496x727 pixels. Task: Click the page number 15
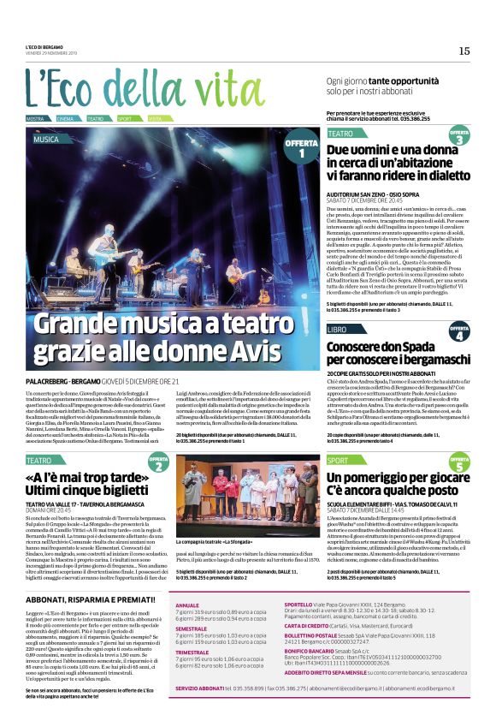pos(464,51)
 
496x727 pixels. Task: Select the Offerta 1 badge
pos(300,148)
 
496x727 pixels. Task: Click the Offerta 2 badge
pos(158,463)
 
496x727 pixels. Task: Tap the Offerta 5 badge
pos(459,464)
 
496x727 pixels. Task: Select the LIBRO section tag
pos(337,329)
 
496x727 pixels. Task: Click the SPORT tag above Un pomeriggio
pos(339,461)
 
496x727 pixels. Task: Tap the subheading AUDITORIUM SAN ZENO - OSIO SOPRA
pos(378,196)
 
